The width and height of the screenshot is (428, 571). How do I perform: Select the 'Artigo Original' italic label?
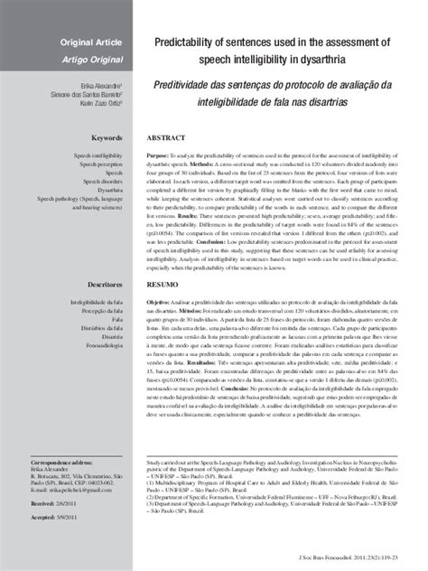click(92, 59)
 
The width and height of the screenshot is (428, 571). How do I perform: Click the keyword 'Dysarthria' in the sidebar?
click(107, 191)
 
